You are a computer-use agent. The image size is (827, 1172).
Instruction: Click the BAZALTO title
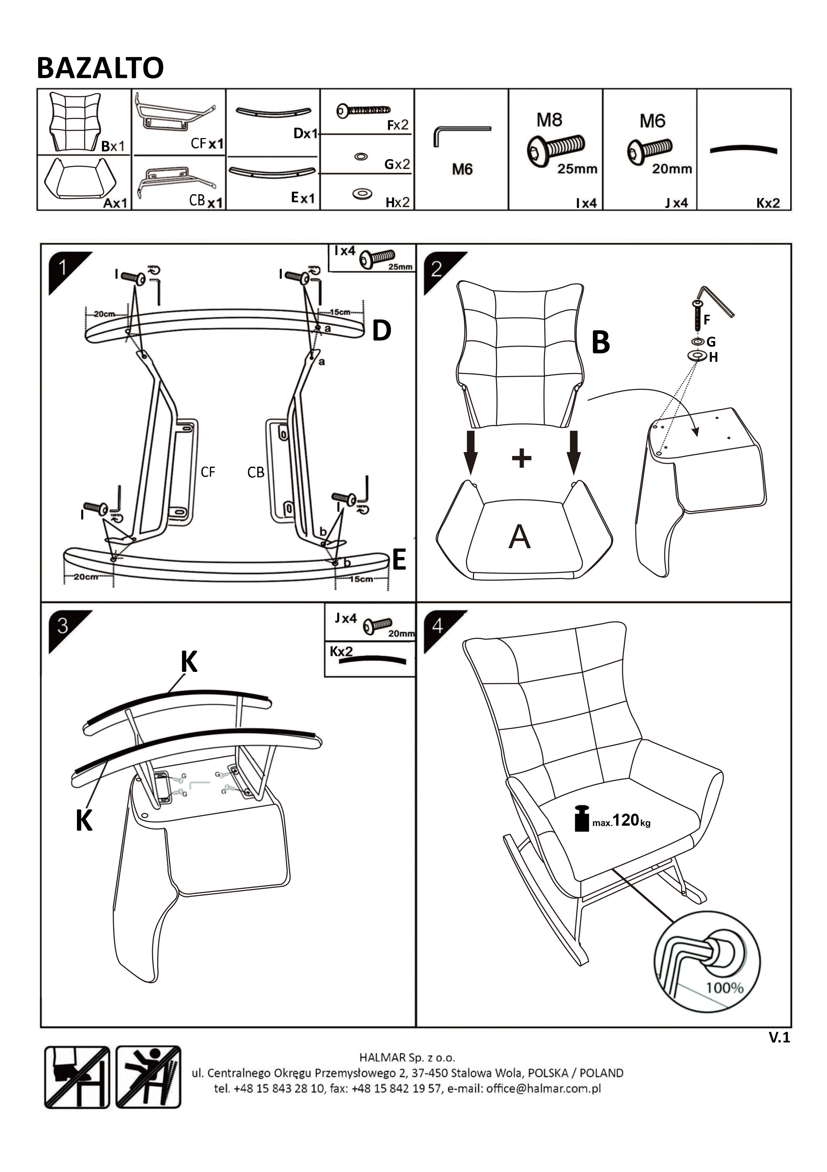100,68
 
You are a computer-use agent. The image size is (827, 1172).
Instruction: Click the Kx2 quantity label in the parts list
768,203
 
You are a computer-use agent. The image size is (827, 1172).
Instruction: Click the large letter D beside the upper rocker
382,331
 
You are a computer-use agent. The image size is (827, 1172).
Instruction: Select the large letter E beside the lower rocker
398,560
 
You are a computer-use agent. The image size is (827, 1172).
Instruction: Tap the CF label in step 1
208,472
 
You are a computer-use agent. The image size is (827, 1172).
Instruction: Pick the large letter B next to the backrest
601,343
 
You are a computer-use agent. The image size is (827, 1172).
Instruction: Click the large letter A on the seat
520,537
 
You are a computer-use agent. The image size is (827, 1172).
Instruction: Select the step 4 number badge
437,625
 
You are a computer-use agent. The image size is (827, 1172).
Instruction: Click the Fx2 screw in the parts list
363,110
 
